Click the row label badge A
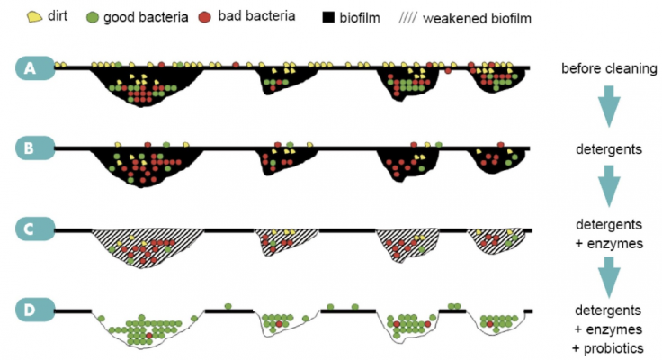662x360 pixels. [x=35, y=68]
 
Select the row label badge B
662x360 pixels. [x=35, y=148]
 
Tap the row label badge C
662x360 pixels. [x=35, y=229]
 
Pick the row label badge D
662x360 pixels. [x=35, y=310]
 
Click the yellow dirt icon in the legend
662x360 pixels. [x=34, y=16]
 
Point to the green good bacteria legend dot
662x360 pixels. [x=92, y=17]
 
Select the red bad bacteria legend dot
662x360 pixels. [x=205, y=17]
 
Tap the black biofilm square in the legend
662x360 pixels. [x=328, y=17]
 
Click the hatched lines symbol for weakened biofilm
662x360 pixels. [x=407, y=18]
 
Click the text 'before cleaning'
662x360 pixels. [x=609, y=68]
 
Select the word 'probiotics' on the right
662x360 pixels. [x=613, y=348]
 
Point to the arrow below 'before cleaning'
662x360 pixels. [x=609, y=106]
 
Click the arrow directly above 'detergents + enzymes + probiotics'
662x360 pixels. [x=609, y=277]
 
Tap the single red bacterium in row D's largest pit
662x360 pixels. [x=149, y=336]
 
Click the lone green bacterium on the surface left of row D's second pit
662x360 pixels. [x=228, y=306]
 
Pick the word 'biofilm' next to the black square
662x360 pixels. [x=360, y=18]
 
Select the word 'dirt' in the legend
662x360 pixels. [x=58, y=15]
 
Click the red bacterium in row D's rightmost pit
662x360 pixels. [x=489, y=324]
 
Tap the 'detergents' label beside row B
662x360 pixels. [x=609, y=149]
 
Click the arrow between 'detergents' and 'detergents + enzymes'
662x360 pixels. [x=609, y=186]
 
